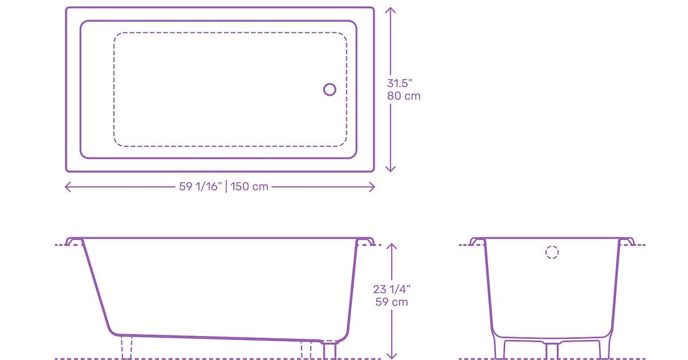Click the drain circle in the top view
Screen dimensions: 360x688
point(330,89)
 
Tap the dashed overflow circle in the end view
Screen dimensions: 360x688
point(552,252)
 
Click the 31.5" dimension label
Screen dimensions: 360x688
point(400,83)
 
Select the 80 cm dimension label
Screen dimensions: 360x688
point(404,96)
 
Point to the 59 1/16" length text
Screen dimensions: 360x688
point(200,187)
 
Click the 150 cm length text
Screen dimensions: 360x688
point(250,187)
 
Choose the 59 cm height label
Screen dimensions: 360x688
point(392,302)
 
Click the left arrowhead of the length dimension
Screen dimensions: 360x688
point(67,187)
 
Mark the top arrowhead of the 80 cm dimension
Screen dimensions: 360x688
point(390,9)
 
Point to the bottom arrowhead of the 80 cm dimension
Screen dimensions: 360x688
point(390,170)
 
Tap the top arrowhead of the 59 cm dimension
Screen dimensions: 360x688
point(392,245)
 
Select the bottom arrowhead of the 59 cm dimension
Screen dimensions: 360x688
point(392,357)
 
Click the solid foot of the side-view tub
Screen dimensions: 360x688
point(330,350)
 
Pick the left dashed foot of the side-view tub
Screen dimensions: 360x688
point(126,348)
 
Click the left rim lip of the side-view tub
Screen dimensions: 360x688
point(74,241)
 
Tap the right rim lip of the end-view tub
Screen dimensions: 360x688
point(627,241)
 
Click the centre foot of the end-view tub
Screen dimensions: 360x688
point(552,350)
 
